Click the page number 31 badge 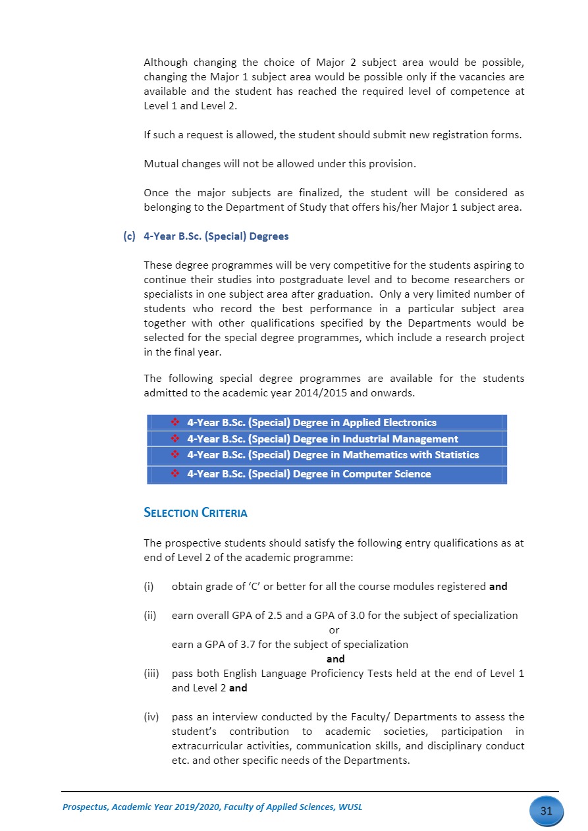click(x=546, y=811)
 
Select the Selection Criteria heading click(x=196, y=513)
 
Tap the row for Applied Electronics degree click(x=327, y=423)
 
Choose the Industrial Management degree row click(x=327, y=439)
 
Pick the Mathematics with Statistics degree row click(x=327, y=455)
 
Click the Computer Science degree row click(x=327, y=474)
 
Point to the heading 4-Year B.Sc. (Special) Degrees click(x=216, y=236)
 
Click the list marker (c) click(x=129, y=236)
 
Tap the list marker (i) click(x=149, y=586)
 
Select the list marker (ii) click(x=150, y=616)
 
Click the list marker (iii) click(x=151, y=674)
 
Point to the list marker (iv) click(x=151, y=717)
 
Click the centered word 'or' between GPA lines click(x=334, y=630)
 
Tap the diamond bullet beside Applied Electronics click(x=176, y=423)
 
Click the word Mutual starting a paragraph click(x=161, y=164)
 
